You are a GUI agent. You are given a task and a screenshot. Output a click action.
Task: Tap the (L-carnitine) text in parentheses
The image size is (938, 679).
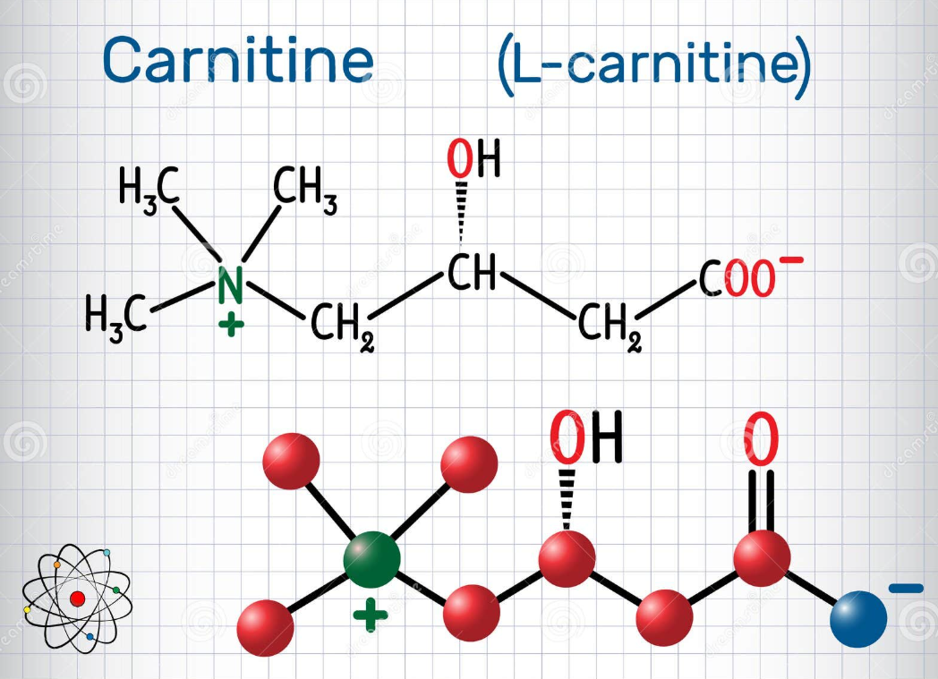pyautogui.click(x=654, y=64)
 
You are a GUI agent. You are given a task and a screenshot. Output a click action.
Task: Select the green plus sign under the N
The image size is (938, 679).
pyautogui.click(x=231, y=326)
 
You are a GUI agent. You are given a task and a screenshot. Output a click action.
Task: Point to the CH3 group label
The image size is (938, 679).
pyautogui.click(x=305, y=189)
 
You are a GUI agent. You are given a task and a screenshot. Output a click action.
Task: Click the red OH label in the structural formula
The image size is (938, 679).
pyautogui.click(x=473, y=158)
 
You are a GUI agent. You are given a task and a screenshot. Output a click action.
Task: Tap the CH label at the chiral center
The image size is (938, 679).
pyautogui.click(x=472, y=272)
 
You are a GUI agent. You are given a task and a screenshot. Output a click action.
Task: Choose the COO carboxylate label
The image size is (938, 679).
pyautogui.click(x=737, y=279)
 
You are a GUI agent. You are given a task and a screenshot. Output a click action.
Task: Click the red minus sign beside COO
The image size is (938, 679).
pyautogui.click(x=791, y=260)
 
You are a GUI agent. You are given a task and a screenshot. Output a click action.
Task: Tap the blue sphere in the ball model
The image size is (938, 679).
pyautogui.click(x=858, y=619)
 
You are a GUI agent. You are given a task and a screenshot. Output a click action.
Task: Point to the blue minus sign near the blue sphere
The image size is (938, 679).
pyautogui.click(x=906, y=589)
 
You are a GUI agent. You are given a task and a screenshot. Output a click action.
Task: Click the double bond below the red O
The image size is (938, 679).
pyautogui.click(x=762, y=501)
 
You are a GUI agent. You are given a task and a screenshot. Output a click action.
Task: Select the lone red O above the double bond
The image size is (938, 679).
pyautogui.click(x=762, y=438)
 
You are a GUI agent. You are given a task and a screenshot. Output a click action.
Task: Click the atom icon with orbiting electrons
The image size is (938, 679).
pyautogui.click(x=77, y=598)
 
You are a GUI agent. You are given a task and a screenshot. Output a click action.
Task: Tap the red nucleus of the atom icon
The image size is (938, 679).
pyautogui.click(x=77, y=598)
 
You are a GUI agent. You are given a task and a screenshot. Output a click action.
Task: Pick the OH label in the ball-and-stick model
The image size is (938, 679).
pyautogui.click(x=586, y=437)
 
